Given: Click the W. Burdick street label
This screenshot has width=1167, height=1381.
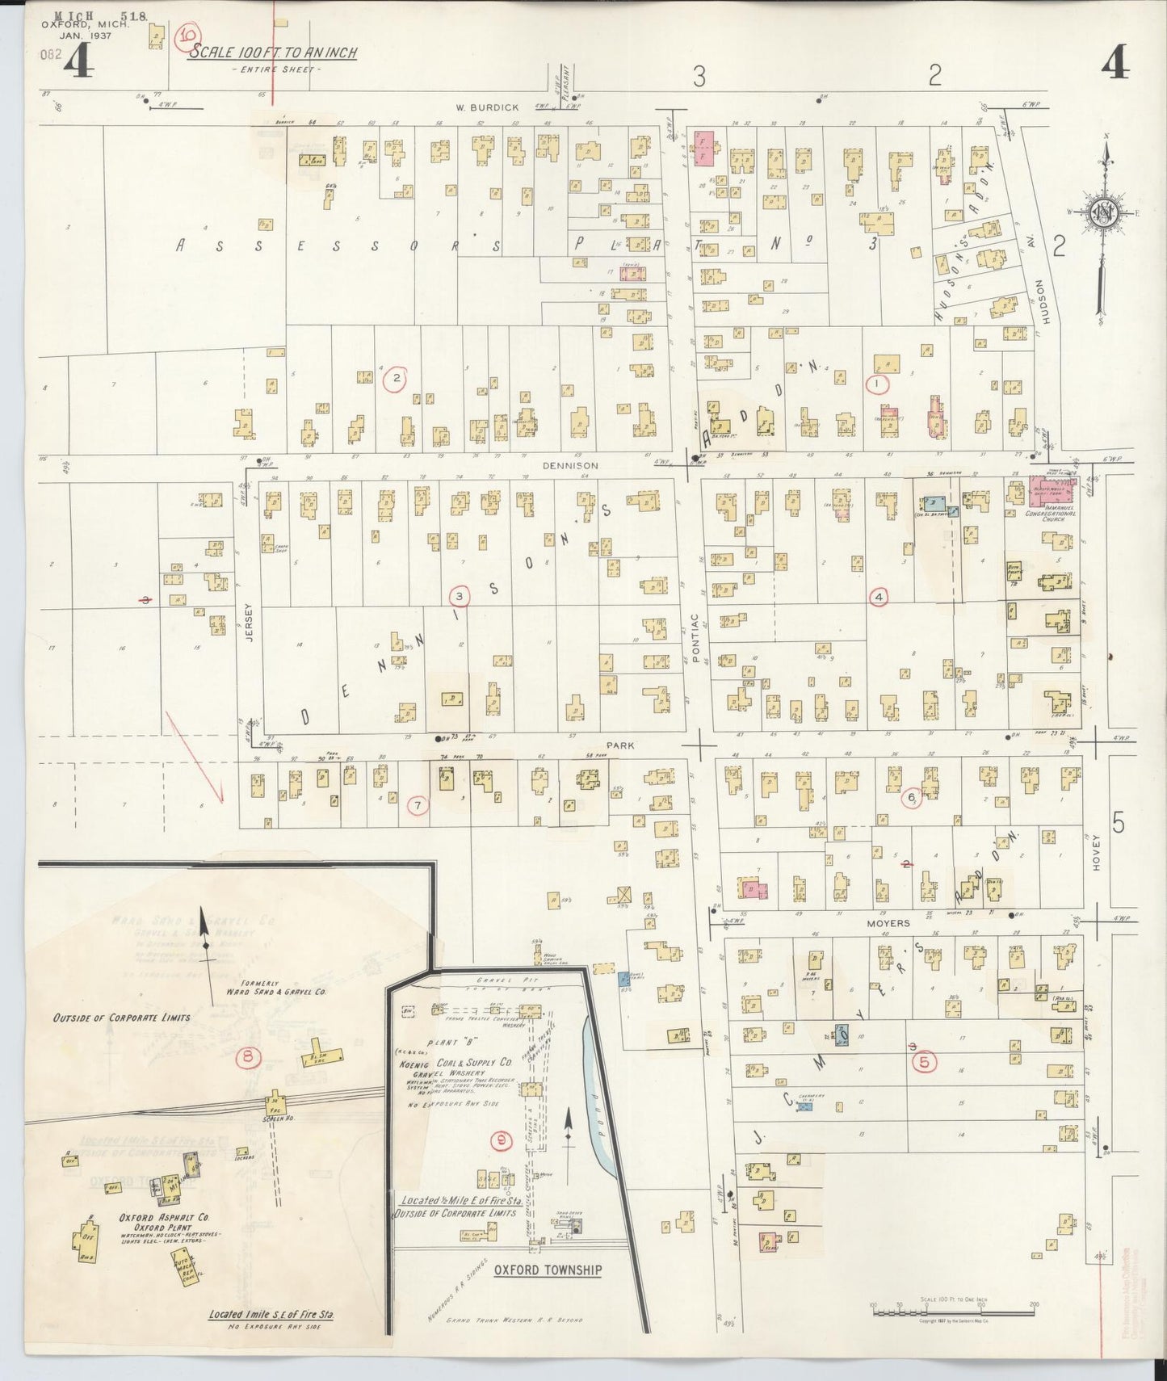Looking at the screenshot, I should tap(474, 107).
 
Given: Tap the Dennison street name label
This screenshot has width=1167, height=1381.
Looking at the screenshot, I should tap(570, 466).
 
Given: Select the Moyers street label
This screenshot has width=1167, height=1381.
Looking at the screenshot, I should tap(888, 922).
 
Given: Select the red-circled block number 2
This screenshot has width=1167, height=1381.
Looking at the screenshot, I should tap(396, 379).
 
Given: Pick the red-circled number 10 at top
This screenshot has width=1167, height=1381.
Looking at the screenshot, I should tap(188, 36).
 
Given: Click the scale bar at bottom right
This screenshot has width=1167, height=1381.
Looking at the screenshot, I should tap(953, 1308).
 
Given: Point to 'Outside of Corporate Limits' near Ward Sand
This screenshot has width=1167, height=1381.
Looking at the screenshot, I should tap(121, 1018).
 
